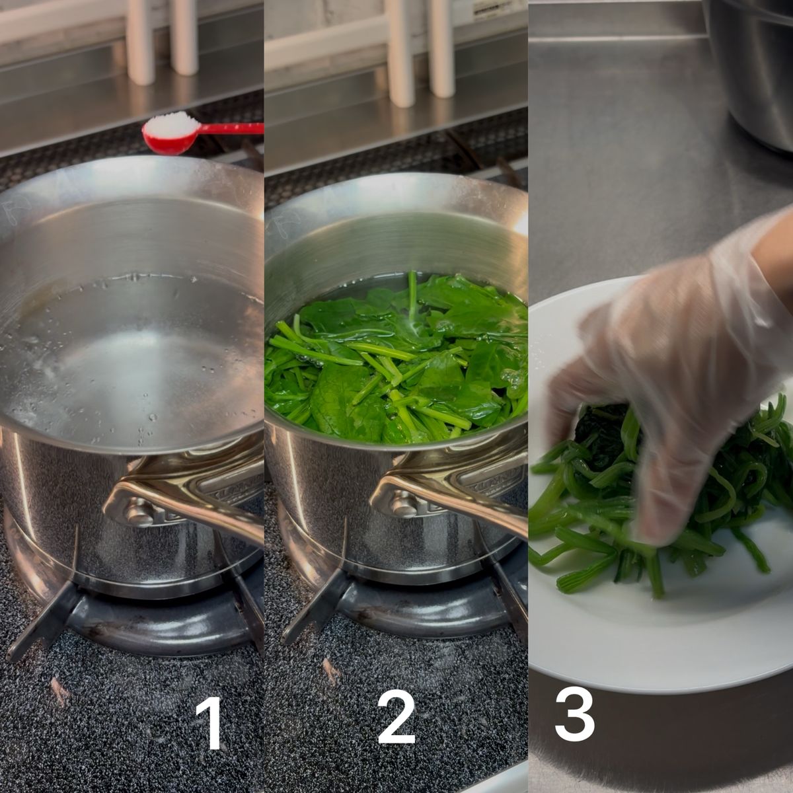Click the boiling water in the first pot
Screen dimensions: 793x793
click(124, 362)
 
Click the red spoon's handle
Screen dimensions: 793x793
click(231, 129)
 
